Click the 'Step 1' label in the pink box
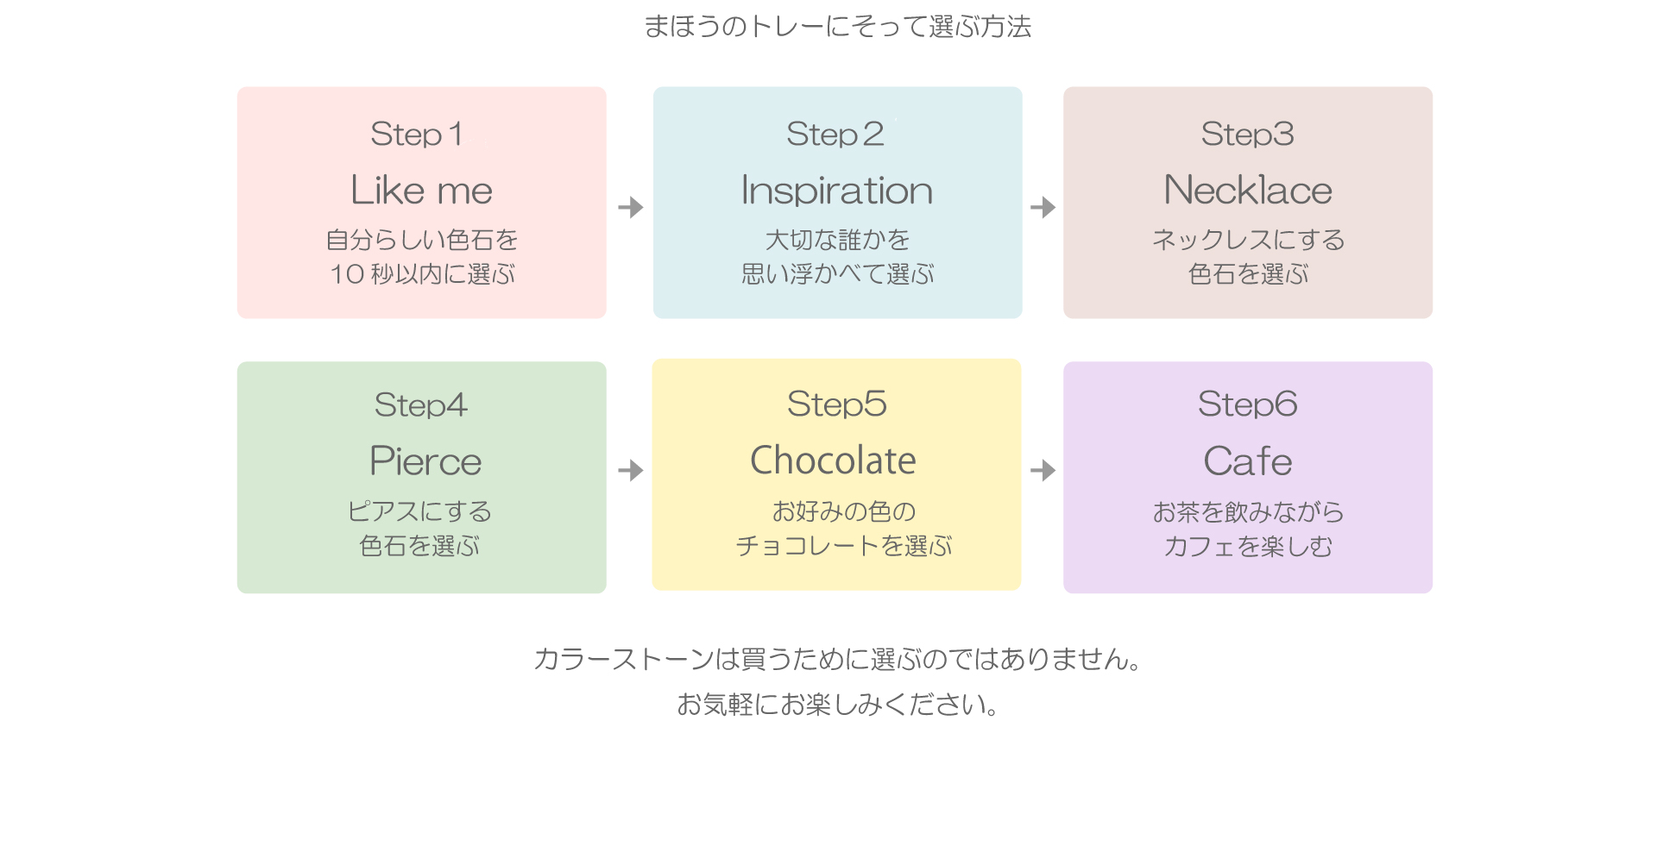[417, 135]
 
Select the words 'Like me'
[421, 190]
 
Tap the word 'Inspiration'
[837, 191]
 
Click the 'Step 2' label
[835, 135]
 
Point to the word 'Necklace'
[1248, 190]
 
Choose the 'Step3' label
[1247, 135]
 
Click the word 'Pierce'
[425, 461]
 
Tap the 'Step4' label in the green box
[421, 405]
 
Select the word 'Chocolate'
[834, 461]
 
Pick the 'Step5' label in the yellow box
[836, 404]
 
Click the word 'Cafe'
[1248, 461]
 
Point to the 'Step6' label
[1247, 404]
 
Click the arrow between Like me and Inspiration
[631, 207]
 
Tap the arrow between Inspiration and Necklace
[1043, 207]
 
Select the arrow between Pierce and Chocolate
[631, 470]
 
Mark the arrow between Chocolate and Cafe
[1043, 470]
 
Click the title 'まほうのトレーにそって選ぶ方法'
[837, 27]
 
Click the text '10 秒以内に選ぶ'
[422, 274]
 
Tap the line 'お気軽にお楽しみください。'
[837, 705]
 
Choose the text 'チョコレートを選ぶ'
[843, 546]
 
